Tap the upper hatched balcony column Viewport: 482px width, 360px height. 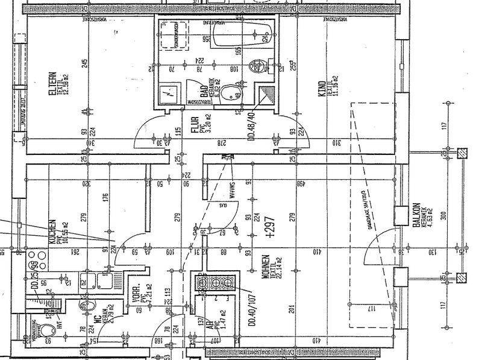462,153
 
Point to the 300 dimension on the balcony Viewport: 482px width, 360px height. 444,215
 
